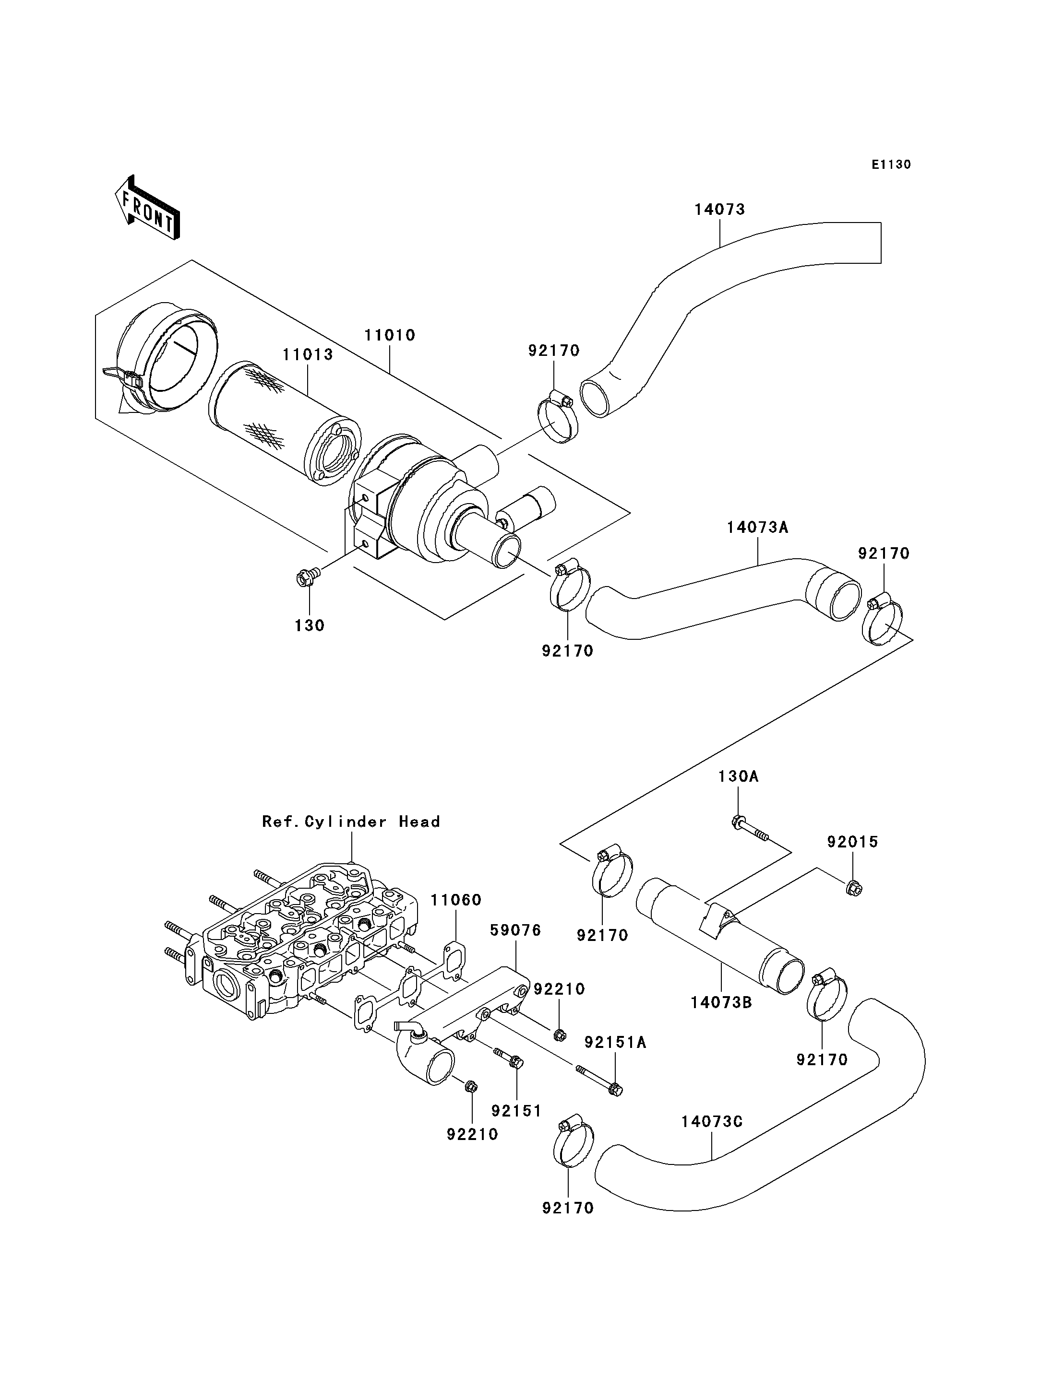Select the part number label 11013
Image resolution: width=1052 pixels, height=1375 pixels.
(308, 355)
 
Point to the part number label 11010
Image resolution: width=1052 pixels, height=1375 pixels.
(390, 335)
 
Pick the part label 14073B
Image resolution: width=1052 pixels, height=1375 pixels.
(721, 1002)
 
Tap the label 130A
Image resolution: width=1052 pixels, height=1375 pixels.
(738, 776)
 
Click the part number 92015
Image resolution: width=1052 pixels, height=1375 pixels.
(852, 842)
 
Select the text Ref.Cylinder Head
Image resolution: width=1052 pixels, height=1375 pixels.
(351, 821)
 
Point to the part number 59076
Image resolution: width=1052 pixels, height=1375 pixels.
(515, 948)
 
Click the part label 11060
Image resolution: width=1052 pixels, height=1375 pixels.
(455, 900)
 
